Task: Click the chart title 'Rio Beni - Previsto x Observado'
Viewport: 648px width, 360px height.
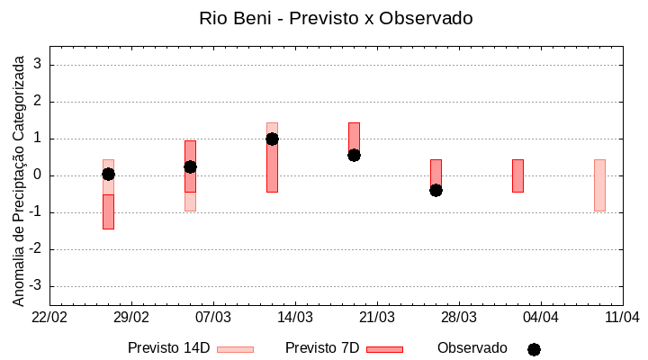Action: click(335, 18)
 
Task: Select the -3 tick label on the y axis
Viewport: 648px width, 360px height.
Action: click(37, 286)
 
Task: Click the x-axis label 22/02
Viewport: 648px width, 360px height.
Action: click(49, 318)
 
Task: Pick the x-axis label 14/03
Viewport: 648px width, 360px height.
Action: click(295, 318)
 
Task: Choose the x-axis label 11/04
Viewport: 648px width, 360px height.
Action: click(622, 318)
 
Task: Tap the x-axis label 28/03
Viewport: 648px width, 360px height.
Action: click(458, 318)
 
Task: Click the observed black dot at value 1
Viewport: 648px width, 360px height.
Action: click(272, 139)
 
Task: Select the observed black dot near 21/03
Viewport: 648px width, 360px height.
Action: click(354, 155)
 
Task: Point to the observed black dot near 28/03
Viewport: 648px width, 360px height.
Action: click(436, 190)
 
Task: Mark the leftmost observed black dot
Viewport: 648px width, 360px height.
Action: click(108, 174)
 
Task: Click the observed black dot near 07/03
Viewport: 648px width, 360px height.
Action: click(190, 166)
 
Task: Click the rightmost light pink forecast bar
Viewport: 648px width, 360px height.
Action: click(599, 184)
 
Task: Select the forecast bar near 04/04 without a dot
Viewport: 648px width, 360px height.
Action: click(517, 175)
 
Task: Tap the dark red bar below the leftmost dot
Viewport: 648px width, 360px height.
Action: click(108, 211)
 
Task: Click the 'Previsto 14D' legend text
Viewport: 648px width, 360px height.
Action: click(168, 348)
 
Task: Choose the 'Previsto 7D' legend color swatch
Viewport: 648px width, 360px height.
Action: click(384, 349)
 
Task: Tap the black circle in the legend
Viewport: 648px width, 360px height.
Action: click(534, 349)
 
